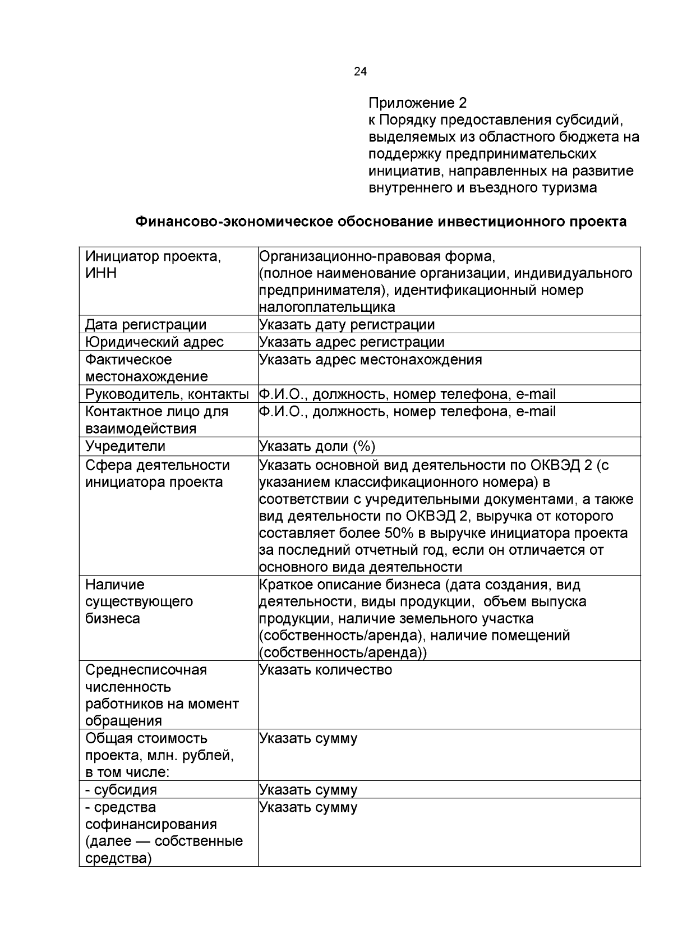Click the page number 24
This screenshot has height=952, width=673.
click(361, 72)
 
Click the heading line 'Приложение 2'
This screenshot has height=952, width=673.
click(417, 103)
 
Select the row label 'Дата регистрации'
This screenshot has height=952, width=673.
click(146, 325)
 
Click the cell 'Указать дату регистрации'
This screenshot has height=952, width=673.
click(347, 325)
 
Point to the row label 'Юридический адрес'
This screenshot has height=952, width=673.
click(154, 342)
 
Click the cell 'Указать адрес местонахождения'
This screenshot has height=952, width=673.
click(370, 360)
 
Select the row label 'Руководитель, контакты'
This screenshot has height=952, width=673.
click(167, 394)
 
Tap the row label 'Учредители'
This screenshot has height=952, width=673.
click(125, 447)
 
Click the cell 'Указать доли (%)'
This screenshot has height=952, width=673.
click(317, 447)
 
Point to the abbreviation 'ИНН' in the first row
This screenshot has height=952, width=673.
click(101, 274)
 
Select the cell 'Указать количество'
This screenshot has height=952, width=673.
click(325, 670)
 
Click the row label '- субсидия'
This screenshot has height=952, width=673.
click(121, 790)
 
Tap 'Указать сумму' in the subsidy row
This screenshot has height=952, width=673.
click(308, 790)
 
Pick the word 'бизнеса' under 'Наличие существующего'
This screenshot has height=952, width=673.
click(112, 619)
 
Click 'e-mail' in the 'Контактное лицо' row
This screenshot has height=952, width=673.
click(536, 412)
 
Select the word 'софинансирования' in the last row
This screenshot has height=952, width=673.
click(151, 825)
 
